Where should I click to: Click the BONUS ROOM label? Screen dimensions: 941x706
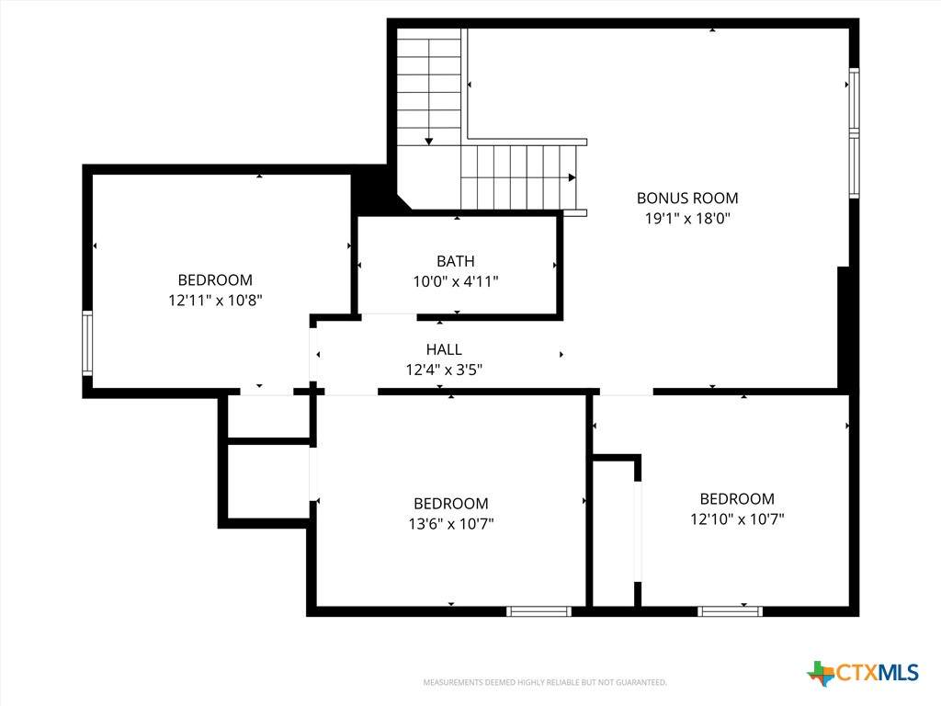coord(687,199)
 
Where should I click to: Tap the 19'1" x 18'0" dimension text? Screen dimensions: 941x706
coord(687,218)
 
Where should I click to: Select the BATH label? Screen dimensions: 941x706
coord(456,261)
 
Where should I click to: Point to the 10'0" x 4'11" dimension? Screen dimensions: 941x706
coord(456,281)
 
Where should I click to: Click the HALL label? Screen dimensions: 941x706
coord(444,349)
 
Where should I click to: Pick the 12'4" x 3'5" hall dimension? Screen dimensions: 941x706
coord(444,370)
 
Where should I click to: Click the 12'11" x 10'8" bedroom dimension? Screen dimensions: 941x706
coord(215,300)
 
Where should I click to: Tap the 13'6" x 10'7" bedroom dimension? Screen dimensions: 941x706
coord(450,523)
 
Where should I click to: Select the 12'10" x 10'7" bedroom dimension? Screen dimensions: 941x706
coord(737,518)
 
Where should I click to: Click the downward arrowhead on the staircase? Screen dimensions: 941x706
coord(428,142)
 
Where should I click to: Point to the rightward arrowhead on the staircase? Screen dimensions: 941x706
coord(572,177)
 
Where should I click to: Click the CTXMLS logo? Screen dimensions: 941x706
coord(862,673)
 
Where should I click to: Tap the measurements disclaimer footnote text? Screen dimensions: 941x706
coord(545,682)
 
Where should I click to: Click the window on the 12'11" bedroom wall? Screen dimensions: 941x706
coord(87,344)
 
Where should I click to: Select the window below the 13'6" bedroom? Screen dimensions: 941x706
coord(539,611)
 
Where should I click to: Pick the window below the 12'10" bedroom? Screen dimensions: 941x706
coord(730,611)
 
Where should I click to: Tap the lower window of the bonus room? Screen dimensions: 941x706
coord(854,165)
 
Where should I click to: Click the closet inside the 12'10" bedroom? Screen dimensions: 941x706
coord(614,533)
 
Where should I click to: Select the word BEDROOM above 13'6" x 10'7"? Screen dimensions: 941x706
coord(450,504)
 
